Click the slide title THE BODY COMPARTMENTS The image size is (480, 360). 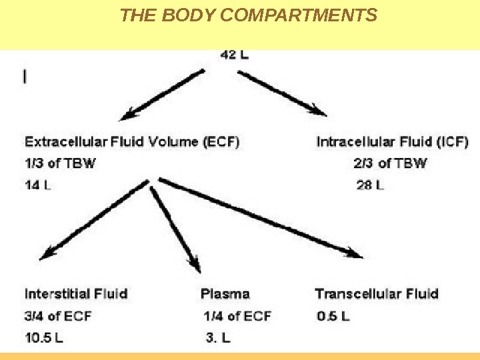point(248,15)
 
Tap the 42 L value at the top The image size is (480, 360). point(234,55)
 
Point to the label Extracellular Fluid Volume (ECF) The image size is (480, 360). point(133,142)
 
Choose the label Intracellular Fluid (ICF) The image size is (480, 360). point(392,142)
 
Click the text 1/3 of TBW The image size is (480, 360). point(60,163)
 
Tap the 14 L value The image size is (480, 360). point(38,185)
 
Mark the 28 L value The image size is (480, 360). point(370,185)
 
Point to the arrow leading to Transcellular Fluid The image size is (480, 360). point(260,218)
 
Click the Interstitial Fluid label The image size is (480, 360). point(76,293)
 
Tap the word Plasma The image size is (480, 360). point(225,293)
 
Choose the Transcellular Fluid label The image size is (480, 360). point(377,293)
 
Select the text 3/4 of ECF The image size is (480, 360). point(58,315)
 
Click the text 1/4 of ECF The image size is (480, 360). point(237,315)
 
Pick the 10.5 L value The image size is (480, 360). point(44,337)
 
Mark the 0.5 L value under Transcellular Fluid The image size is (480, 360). point(333,316)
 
